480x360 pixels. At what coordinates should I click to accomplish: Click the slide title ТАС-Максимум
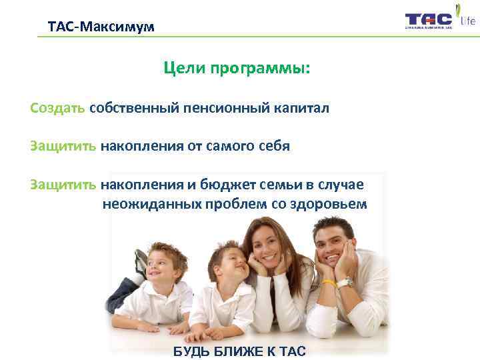[101, 27]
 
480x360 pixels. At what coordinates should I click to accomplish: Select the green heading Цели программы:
[237, 69]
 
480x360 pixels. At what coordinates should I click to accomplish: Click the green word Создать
[57, 108]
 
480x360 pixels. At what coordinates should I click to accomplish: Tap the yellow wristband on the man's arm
[329, 283]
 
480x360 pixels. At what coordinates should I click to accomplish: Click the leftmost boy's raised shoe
[141, 262]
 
